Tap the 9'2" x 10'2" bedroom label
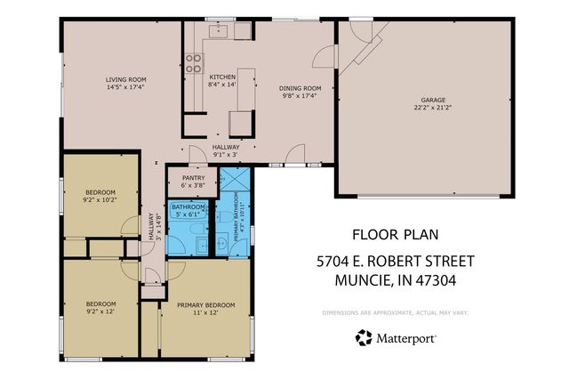coord(100,196)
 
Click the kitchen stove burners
coord(192,63)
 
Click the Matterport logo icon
coord(364,337)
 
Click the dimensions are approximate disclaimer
coord(395,312)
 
